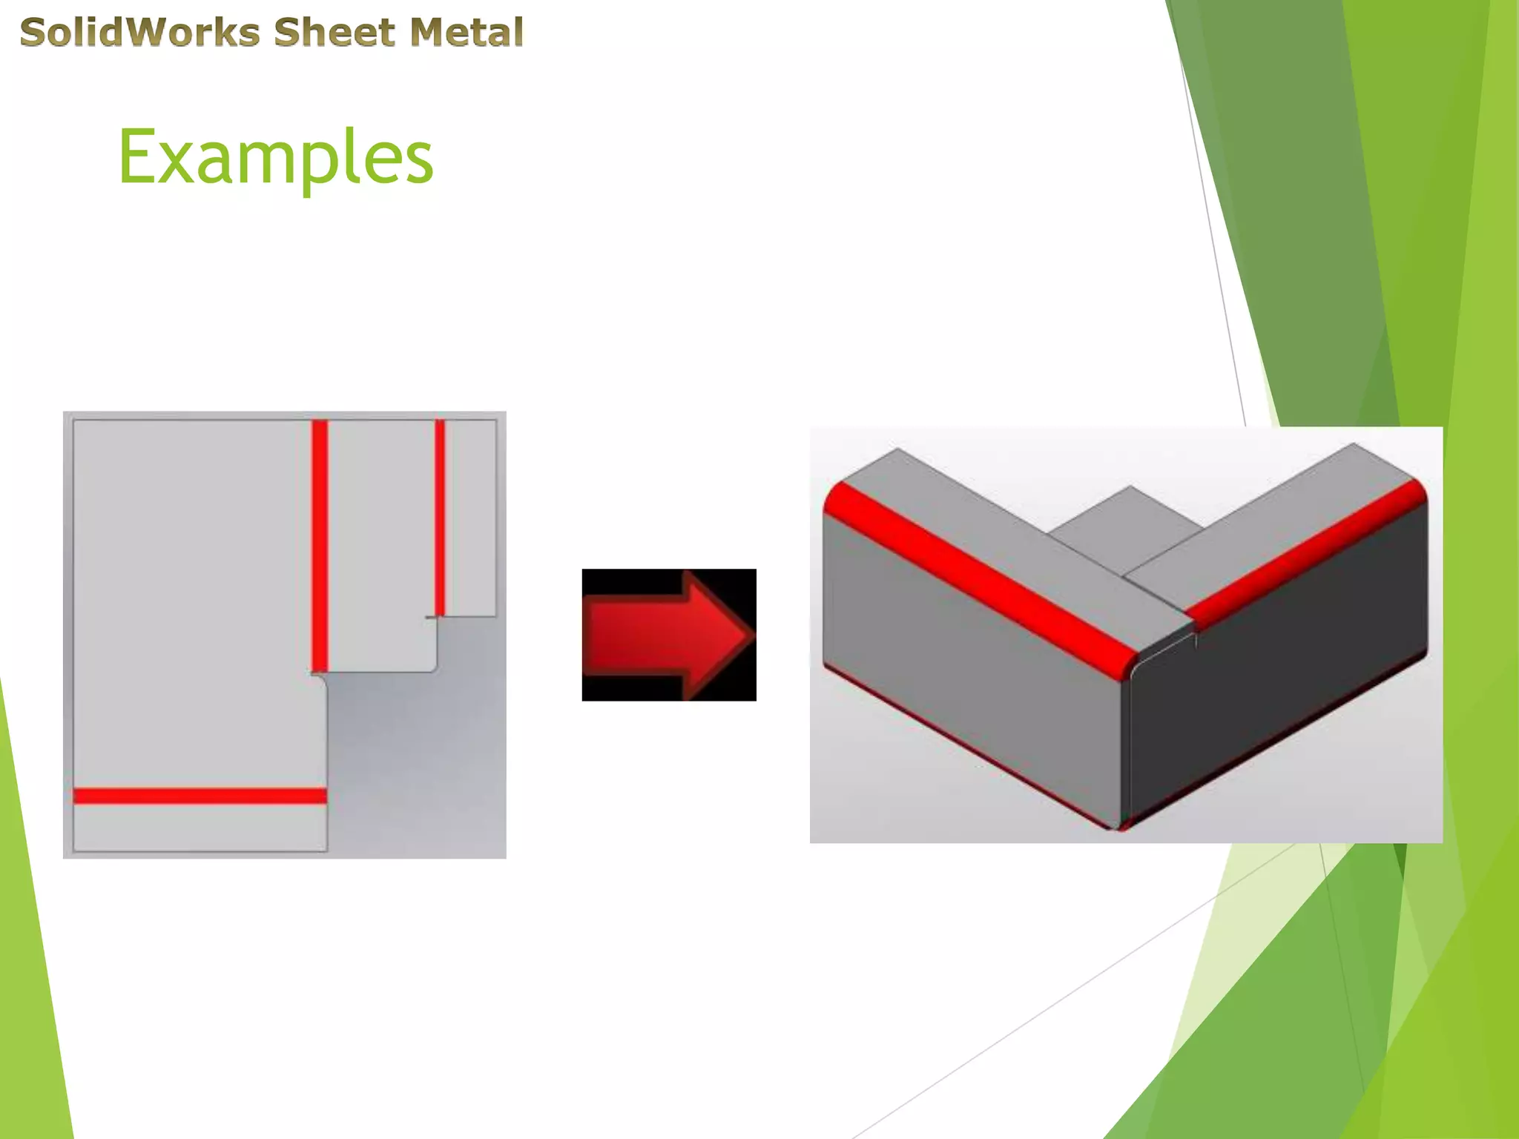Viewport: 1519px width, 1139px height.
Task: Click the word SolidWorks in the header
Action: (x=139, y=33)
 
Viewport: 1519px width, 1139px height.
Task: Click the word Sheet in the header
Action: (x=334, y=33)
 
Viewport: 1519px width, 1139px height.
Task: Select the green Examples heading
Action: (x=275, y=157)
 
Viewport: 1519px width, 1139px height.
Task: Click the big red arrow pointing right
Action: (x=668, y=635)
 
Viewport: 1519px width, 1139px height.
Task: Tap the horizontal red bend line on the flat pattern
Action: (x=200, y=796)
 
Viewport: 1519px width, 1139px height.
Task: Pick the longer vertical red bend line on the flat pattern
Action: (x=320, y=545)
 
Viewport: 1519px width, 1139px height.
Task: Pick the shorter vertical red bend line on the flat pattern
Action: (x=440, y=517)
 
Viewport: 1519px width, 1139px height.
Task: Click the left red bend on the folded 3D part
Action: (x=979, y=578)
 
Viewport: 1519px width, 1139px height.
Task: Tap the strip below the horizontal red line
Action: (x=200, y=828)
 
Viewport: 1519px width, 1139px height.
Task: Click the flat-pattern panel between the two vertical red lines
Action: (x=380, y=545)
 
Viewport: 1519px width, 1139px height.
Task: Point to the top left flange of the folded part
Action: (x=1001, y=519)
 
